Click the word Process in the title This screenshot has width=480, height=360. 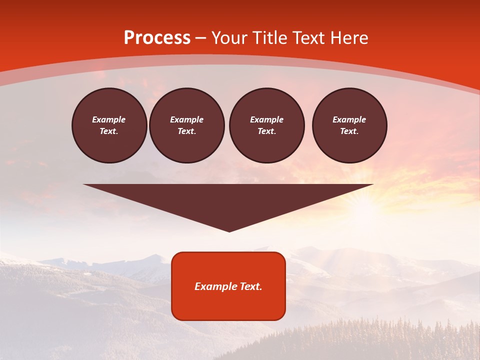click(157, 38)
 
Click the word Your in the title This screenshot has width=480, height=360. click(230, 38)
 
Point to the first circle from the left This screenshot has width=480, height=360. click(109, 125)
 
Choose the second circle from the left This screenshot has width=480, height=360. click(187, 125)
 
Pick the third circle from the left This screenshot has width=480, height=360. click(267, 125)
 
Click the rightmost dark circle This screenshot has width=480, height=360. click(349, 125)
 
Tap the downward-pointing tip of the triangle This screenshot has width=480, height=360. click(229, 230)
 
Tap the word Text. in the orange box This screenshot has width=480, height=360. click(250, 286)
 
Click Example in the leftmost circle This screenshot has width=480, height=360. click(108, 119)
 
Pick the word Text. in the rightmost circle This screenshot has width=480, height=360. click(349, 131)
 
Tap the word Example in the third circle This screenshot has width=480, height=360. click(266, 119)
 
